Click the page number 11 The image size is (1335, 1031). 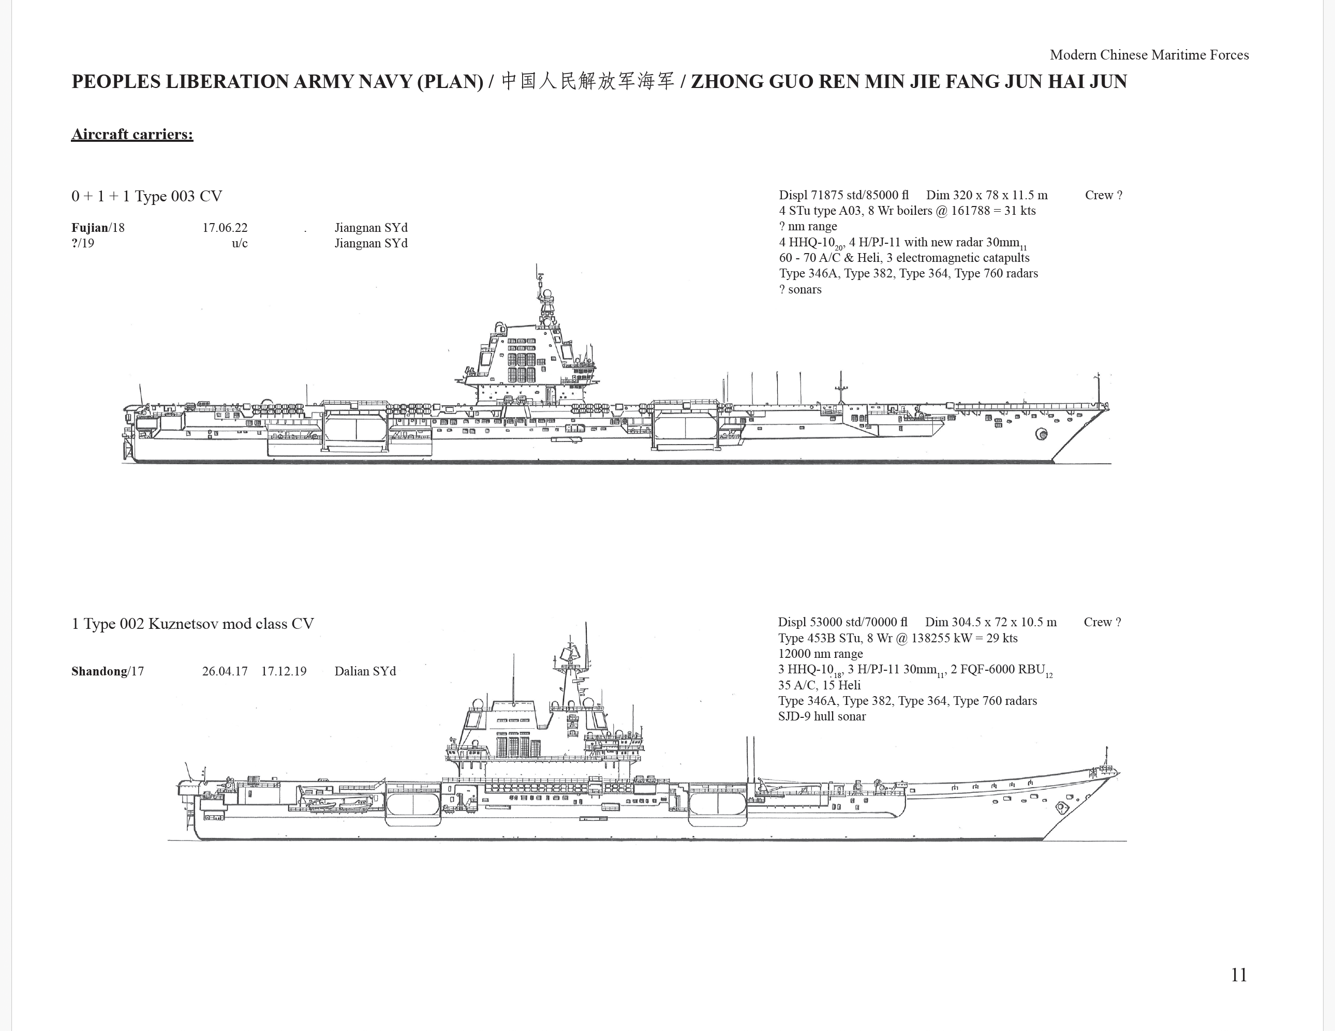click(1238, 975)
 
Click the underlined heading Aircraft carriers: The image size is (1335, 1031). click(132, 135)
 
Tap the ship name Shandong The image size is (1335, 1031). click(99, 671)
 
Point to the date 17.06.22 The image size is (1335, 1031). click(225, 228)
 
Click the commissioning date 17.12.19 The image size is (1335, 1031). click(284, 671)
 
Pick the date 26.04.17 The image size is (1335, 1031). click(225, 671)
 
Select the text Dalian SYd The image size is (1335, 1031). click(365, 671)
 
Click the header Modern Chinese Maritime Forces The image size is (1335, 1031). click(1149, 55)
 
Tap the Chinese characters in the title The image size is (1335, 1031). click(587, 81)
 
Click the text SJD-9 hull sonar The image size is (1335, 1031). click(822, 717)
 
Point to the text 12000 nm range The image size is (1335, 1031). click(820, 654)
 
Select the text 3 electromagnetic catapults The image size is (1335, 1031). click(958, 258)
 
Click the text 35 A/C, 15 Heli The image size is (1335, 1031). click(819, 685)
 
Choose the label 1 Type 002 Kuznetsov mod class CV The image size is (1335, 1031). click(192, 624)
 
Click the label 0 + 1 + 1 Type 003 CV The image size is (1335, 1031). click(147, 196)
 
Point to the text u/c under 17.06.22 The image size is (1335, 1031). click(240, 243)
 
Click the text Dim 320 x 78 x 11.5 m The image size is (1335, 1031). click(987, 196)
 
